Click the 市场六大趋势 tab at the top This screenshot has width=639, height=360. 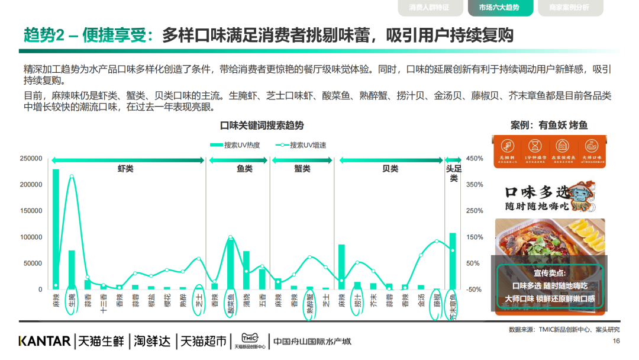coord(499,8)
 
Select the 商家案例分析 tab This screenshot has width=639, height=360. coord(569,8)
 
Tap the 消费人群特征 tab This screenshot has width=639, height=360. coord(429,8)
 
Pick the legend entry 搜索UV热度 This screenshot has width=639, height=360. coord(234,145)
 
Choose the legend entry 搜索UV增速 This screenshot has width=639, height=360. coord(301,145)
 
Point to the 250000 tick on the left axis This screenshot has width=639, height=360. coord(31,159)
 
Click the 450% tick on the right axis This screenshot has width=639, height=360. coord(475,159)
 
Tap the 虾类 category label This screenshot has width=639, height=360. coord(125,169)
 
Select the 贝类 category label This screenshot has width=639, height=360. coord(390,169)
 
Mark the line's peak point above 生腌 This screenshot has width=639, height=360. coord(72,176)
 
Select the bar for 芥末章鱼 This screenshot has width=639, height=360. coord(453,261)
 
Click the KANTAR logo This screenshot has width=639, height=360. coord(44,341)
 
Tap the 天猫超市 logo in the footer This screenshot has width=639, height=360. coord(204,341)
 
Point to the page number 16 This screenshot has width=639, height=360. coord(616,341)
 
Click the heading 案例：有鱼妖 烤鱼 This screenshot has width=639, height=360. coord(548,126)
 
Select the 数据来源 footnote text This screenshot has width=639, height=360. coord(564,329)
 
